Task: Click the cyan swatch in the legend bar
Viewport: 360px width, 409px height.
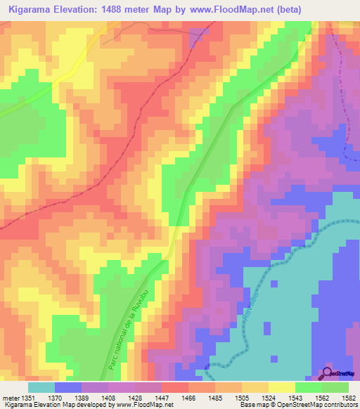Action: pyautogui.click(x=41, y=387)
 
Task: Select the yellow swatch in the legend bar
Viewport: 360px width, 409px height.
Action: pyautogui.click(x=282, y=387)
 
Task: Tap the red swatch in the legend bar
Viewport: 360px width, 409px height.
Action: pyautogui.click(x=175, y=387)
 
